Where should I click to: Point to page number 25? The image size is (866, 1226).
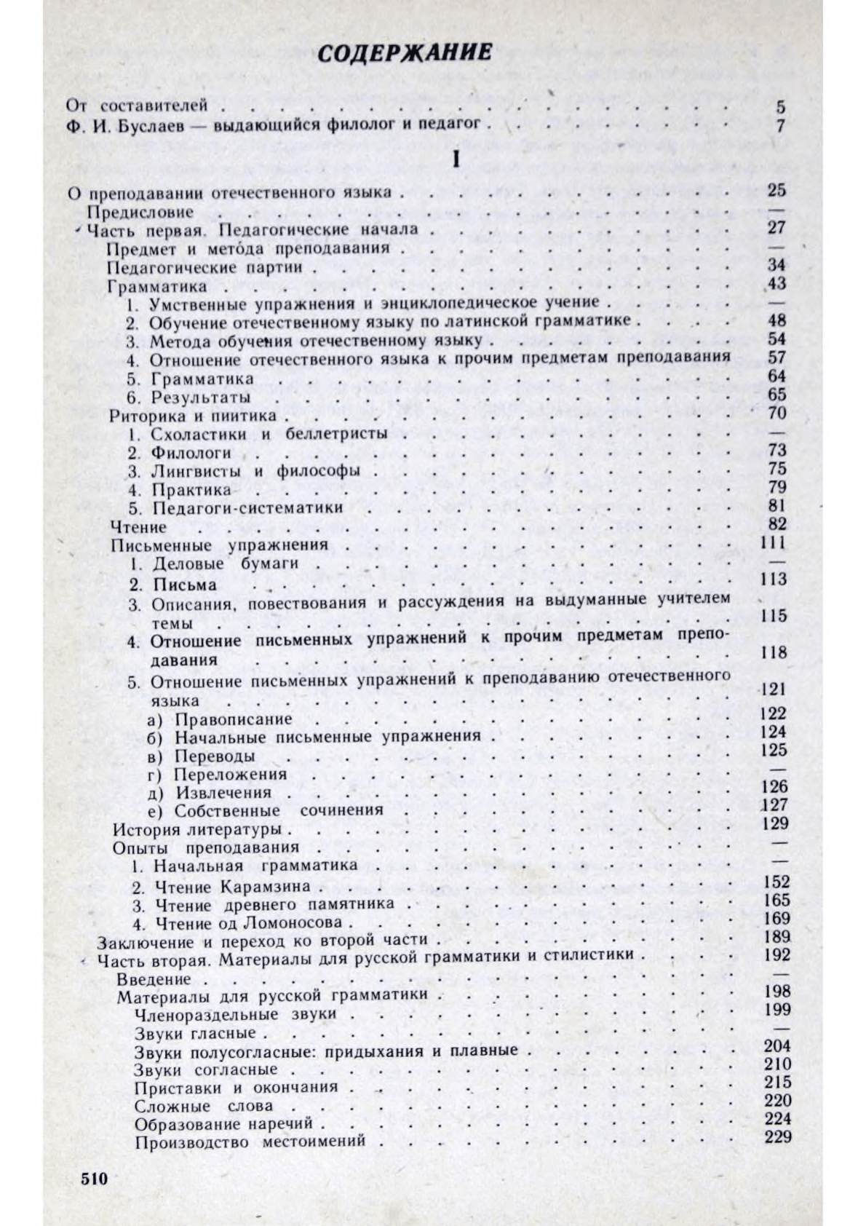pos(776,191)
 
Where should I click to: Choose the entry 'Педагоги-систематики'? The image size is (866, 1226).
pos(247,507)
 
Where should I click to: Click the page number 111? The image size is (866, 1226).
pos(773,542)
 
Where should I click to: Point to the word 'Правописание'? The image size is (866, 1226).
pos(234,719)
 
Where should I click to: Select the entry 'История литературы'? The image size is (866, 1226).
pos(197,830)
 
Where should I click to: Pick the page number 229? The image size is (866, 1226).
pos(776,1137)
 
